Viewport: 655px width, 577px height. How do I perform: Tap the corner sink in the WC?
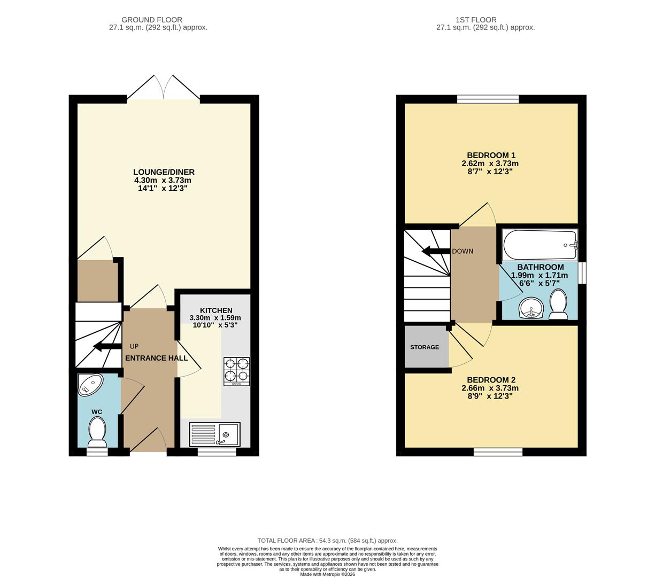(89, 384)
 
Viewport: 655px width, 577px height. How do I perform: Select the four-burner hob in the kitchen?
(236, 371)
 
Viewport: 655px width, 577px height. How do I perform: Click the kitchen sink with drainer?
(214, 434)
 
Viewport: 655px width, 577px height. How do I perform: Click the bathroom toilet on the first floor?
(558, 304)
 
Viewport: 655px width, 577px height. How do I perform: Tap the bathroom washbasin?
(531, 308)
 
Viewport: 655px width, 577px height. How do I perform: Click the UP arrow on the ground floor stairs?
(107, 346)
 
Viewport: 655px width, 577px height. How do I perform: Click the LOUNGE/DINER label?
(164, 172)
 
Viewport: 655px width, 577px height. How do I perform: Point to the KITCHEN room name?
(216, 310)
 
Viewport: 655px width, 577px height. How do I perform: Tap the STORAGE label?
(425, 347)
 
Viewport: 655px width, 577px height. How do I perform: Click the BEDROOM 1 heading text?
(491, 155)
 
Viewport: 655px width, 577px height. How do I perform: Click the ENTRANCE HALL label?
(157, 358)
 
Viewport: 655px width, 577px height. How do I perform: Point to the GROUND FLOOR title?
(152, 20)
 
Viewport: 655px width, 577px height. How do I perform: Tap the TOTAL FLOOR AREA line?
(327, 541)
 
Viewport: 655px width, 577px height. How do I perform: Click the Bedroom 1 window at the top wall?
(488, 99)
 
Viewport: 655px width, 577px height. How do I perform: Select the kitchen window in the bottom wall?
(217, 452)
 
